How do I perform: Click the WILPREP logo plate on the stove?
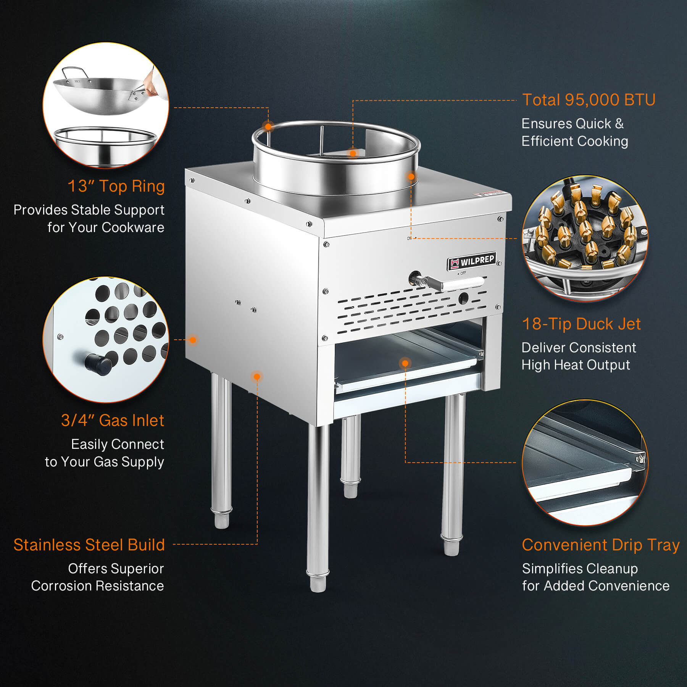tap(472, 261)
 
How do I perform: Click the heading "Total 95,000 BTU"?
tap(589, 100)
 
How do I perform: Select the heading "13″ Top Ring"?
tap(116, 186)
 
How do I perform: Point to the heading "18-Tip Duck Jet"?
tap(581, 324)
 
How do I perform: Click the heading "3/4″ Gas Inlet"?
tap(113, 421)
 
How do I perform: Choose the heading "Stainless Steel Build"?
tap(89, 545)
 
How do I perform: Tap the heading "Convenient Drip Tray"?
tap(601, 545)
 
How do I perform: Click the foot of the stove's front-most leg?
tap(318, 584)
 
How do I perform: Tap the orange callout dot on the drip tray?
tap(405, 363)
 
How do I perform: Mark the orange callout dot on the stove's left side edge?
tap(193, 340)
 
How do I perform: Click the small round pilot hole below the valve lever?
tap(463, 298)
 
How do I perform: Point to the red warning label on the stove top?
tap(490, 193)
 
